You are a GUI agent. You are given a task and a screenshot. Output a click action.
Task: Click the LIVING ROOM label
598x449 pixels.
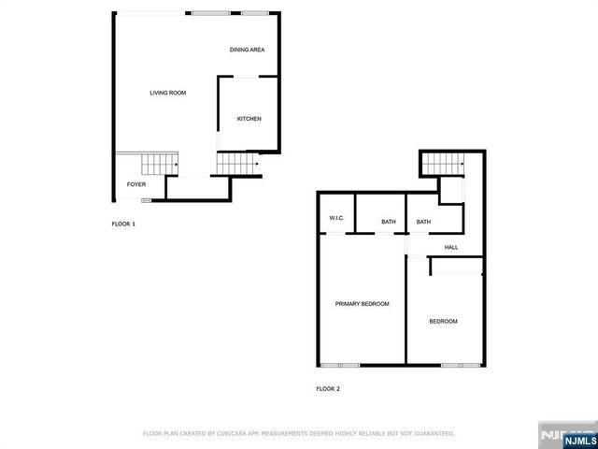tap(168, 93)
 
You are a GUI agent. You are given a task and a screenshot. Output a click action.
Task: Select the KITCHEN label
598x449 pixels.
tap(249, 119)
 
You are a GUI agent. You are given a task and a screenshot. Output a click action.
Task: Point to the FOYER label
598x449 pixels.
tap(136, 185)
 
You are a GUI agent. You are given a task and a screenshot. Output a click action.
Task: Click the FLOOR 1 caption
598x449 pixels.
tap(123, 224)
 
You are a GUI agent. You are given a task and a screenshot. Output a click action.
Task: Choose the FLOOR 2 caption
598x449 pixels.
tap(328, 387)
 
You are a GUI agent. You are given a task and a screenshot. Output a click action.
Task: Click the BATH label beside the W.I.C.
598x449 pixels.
tap(389, 222)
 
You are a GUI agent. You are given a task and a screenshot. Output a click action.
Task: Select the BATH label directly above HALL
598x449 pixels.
tap(423, 222)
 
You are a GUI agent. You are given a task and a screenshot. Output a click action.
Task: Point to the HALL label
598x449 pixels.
tap(451, 247)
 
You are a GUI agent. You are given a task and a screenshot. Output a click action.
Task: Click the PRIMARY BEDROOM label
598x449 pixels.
tap(363, 304)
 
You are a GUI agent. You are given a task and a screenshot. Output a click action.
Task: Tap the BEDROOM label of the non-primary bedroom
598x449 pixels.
tap(443, 322)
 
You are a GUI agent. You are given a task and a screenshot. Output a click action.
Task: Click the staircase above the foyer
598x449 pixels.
tap(158, 166)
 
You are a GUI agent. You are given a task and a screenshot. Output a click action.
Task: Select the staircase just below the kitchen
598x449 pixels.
tap(237, 166)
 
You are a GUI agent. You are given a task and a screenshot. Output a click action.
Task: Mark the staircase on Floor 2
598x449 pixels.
tap(442, 166)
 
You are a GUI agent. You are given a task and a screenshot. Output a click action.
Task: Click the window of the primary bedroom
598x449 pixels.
tap(338, 363)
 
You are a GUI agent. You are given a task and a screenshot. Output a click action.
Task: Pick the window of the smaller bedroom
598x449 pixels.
tap(455, 363)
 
